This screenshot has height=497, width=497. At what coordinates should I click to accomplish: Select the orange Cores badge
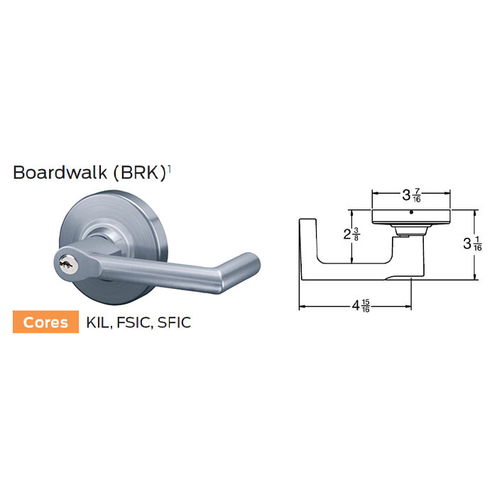pyautogui.click(x=46, y=322)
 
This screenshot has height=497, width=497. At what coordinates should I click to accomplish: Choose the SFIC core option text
pyautogui.click(x=175, y=322)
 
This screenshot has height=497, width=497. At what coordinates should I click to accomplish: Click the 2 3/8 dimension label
pyautogui.click(x=351, y=234)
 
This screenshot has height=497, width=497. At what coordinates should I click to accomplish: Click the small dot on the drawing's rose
pyautogui.click(x=412, y=212)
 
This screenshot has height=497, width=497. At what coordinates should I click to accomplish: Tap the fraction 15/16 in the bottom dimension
pyautogui.click(x=366, y=307)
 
